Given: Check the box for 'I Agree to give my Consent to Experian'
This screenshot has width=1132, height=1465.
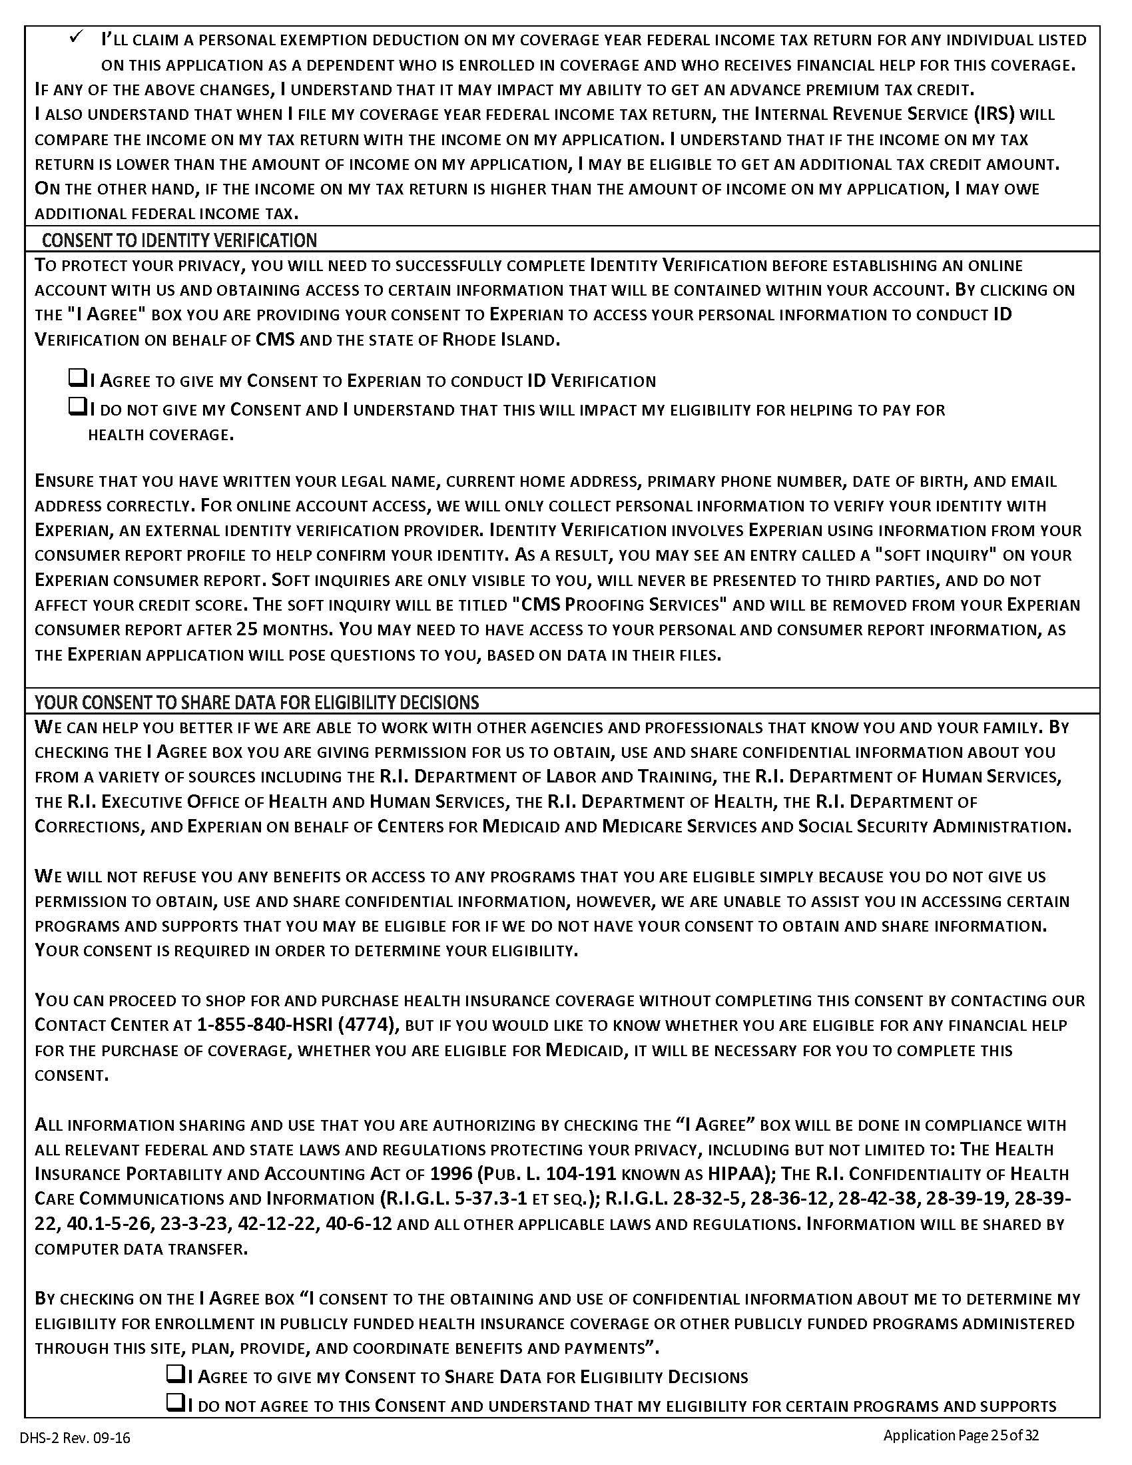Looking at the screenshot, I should point(77,380).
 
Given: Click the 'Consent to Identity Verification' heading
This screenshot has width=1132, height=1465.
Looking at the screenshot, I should point(179,240).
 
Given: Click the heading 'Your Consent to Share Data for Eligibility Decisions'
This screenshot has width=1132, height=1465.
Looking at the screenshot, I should point(257,703).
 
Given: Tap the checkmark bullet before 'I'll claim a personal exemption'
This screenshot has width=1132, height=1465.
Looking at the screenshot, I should point(75,39).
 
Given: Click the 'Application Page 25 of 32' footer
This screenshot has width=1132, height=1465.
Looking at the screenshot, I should point(961,1436).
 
